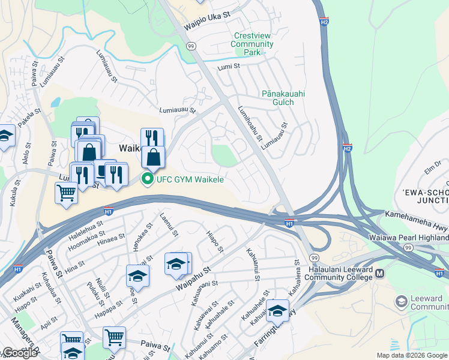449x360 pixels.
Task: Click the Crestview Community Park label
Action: [252, 44]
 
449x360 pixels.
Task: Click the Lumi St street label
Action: [229, 67]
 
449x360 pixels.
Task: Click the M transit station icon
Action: [379, 274]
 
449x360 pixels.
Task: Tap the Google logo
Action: [19, 353]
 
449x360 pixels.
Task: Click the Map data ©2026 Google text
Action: [412, 355]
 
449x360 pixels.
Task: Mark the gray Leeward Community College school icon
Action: [401, 300]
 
